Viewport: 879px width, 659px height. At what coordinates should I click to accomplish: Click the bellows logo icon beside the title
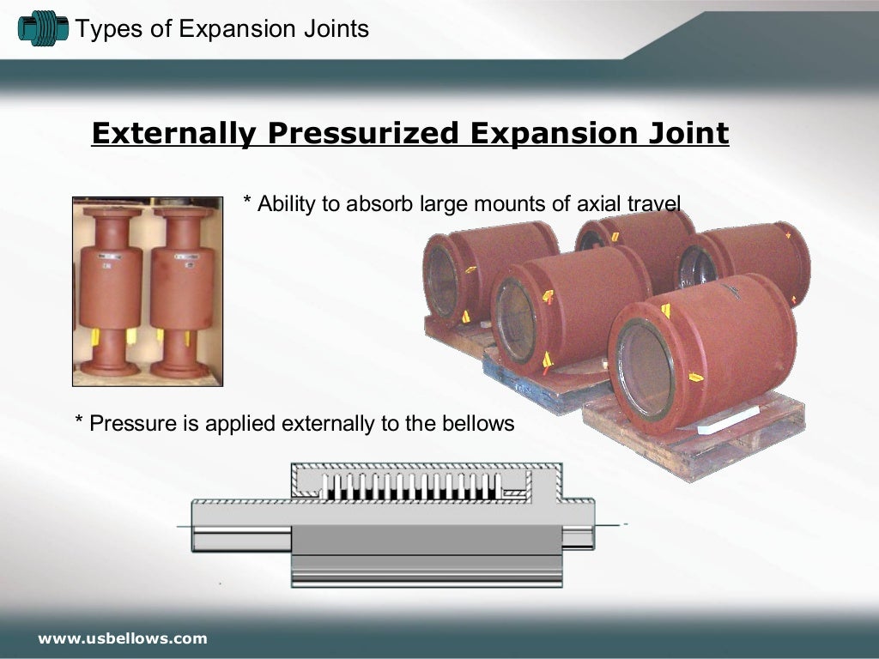[42, 29]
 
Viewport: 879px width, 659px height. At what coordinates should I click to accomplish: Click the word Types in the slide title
[98, 29]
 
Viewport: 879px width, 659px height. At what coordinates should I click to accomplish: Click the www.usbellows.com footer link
[122, 638]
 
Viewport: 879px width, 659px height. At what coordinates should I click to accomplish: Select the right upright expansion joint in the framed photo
[181, 287]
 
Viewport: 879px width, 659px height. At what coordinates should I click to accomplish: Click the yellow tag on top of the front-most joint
[665, 310]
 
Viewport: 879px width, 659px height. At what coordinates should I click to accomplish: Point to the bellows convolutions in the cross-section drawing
[412, 487]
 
